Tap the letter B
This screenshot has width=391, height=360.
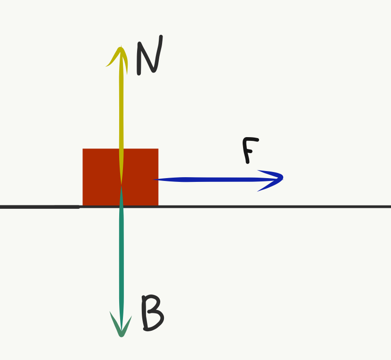(152, 313)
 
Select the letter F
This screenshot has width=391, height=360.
(250, 150)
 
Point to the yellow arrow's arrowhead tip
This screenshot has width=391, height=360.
(122, 47)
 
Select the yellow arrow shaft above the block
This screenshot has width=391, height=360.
(122, 104)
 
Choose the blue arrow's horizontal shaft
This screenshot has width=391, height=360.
(212, 180)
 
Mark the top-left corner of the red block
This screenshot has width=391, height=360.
(83, 149)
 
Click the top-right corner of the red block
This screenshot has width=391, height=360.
(158, 149)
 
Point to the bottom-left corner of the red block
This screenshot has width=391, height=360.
(83, 206)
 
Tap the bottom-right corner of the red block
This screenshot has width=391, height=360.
(158, 206)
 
